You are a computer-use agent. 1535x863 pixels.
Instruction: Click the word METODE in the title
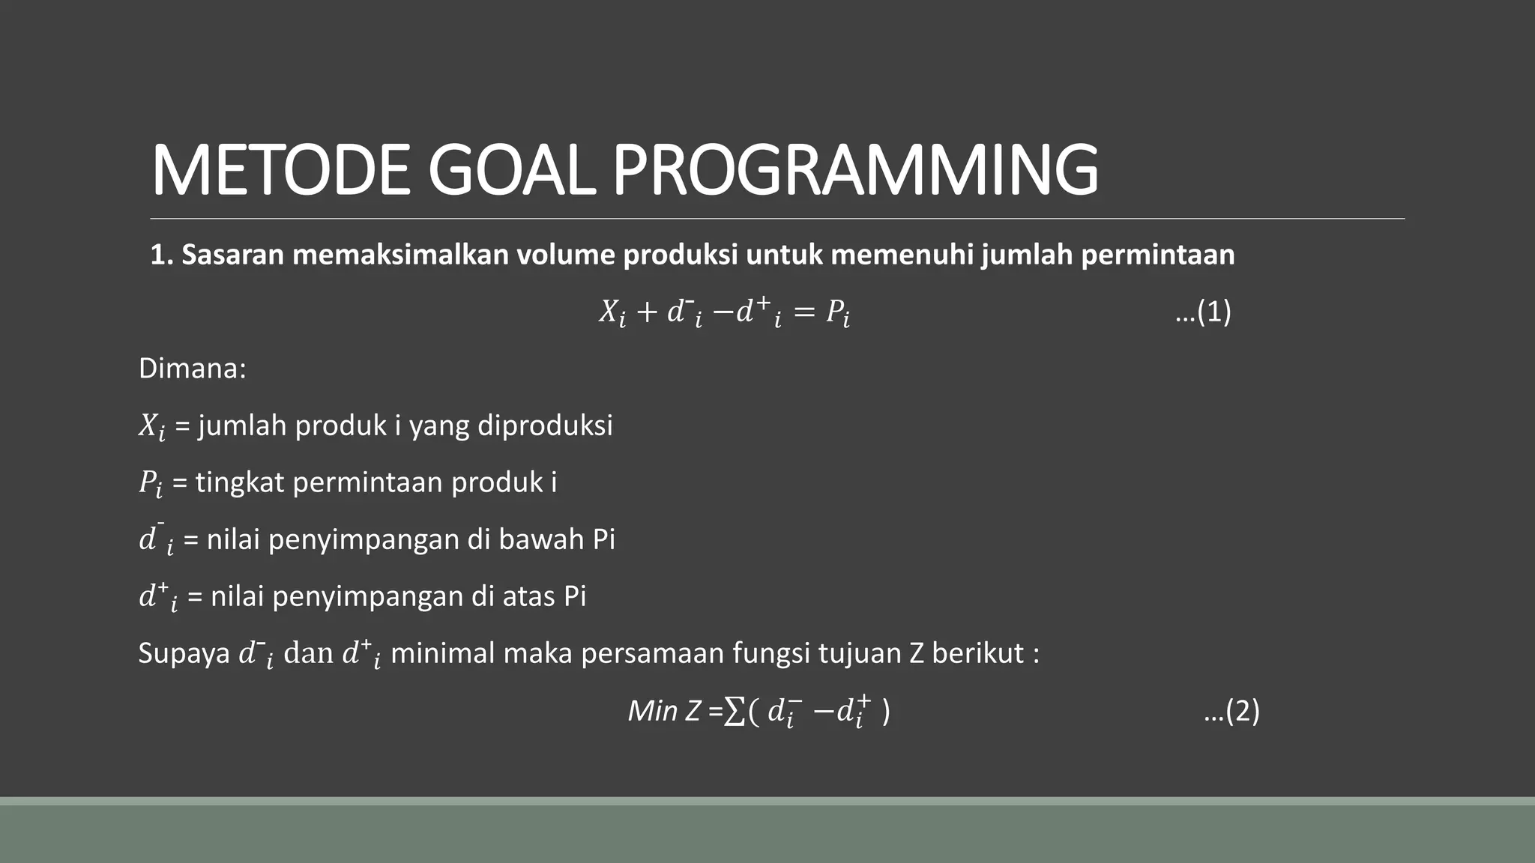(280, 171)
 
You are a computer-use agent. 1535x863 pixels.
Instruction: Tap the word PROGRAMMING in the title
(854, 171)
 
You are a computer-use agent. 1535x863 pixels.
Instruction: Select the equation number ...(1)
(1203, 312)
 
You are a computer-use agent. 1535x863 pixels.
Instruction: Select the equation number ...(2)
(1231, 710)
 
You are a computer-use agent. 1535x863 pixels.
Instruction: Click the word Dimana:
(193, 369)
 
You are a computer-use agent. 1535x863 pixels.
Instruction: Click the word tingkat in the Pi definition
(240, 482)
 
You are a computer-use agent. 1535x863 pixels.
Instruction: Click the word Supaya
(184, 653)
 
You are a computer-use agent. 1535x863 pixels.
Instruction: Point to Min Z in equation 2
(664, 710)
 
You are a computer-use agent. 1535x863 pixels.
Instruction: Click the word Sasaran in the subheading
(232, 255)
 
